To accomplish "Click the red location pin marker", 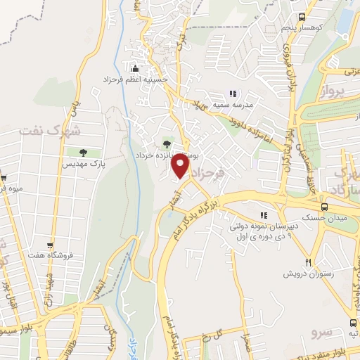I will click(x=181, y=167).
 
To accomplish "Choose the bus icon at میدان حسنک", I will click(x=324, y=207).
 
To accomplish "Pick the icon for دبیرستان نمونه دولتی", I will click(x=264, y=215).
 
